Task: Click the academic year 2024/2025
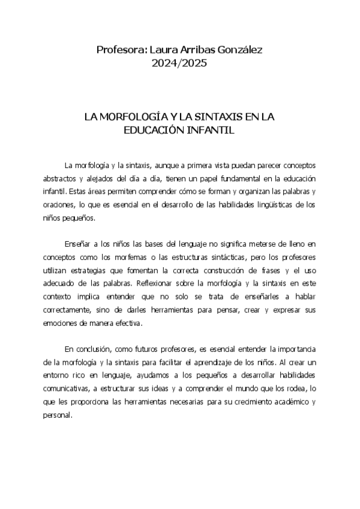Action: [x=180, y=62]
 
